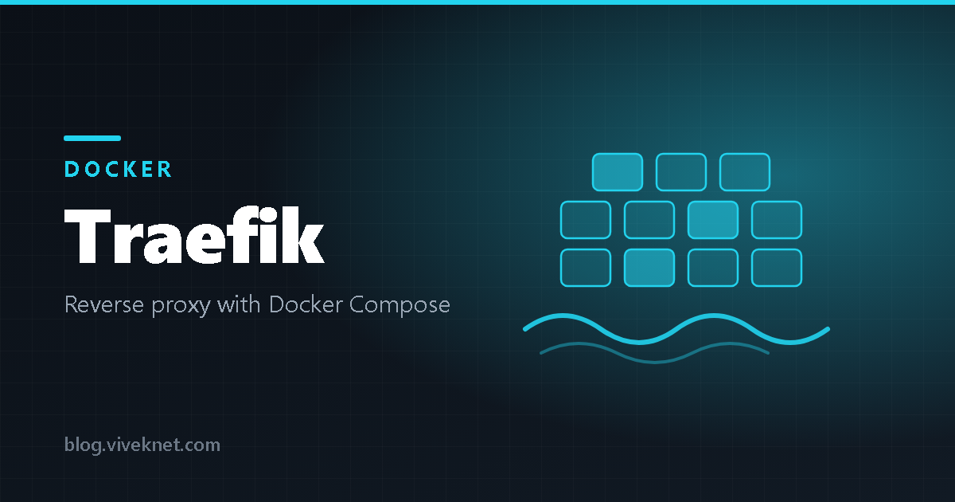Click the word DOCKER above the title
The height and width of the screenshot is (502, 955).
click(x=118, y=169)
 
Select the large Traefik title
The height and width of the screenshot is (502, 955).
click(x=194, y=235)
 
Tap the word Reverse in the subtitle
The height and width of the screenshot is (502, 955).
click(x=104, y=304)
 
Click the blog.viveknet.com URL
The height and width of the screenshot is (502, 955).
click(x=142, y=445)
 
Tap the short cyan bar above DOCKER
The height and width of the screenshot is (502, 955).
click(x=92, y=138)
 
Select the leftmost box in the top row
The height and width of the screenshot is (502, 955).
click(x=618, y=172)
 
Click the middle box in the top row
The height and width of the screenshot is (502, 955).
click(x=681, y=172)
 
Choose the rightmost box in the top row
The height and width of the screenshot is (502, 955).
click(x=745, y=172)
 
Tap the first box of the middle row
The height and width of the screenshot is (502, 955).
click(x=586, y=220)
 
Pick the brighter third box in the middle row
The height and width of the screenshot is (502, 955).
click(x=713, y=220)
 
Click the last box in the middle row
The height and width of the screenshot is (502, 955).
click(x=777, y=220)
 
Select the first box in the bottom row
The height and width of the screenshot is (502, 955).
click(x=586, y=268)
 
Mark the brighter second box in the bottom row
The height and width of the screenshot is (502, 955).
click(x=649, y=268)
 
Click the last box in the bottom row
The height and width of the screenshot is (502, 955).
click(x=777, y=268)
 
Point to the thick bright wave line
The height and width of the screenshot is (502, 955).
click(x=676, y=328)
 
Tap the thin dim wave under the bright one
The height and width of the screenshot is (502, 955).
click(x=655, y=361)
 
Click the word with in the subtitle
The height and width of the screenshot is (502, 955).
click(x=239, y=304)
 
